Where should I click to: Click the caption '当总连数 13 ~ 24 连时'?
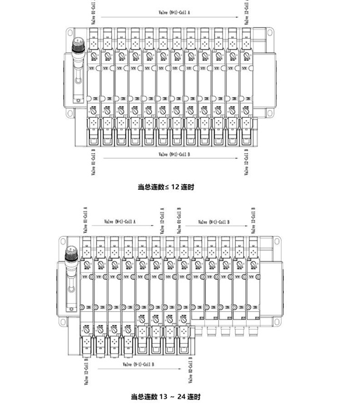[165, 397]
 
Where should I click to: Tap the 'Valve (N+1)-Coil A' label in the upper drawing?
[175, 11]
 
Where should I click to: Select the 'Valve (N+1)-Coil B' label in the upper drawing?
[175, 154]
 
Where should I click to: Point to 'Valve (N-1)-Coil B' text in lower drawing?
[138, 364]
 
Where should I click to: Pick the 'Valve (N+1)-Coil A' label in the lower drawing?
[120, 222]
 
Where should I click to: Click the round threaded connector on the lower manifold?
[69, 255]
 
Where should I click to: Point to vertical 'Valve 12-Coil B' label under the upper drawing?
[246, 162]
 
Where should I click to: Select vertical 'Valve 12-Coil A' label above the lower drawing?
[162, 220]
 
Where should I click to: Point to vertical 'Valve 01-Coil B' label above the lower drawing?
[179, 220]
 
